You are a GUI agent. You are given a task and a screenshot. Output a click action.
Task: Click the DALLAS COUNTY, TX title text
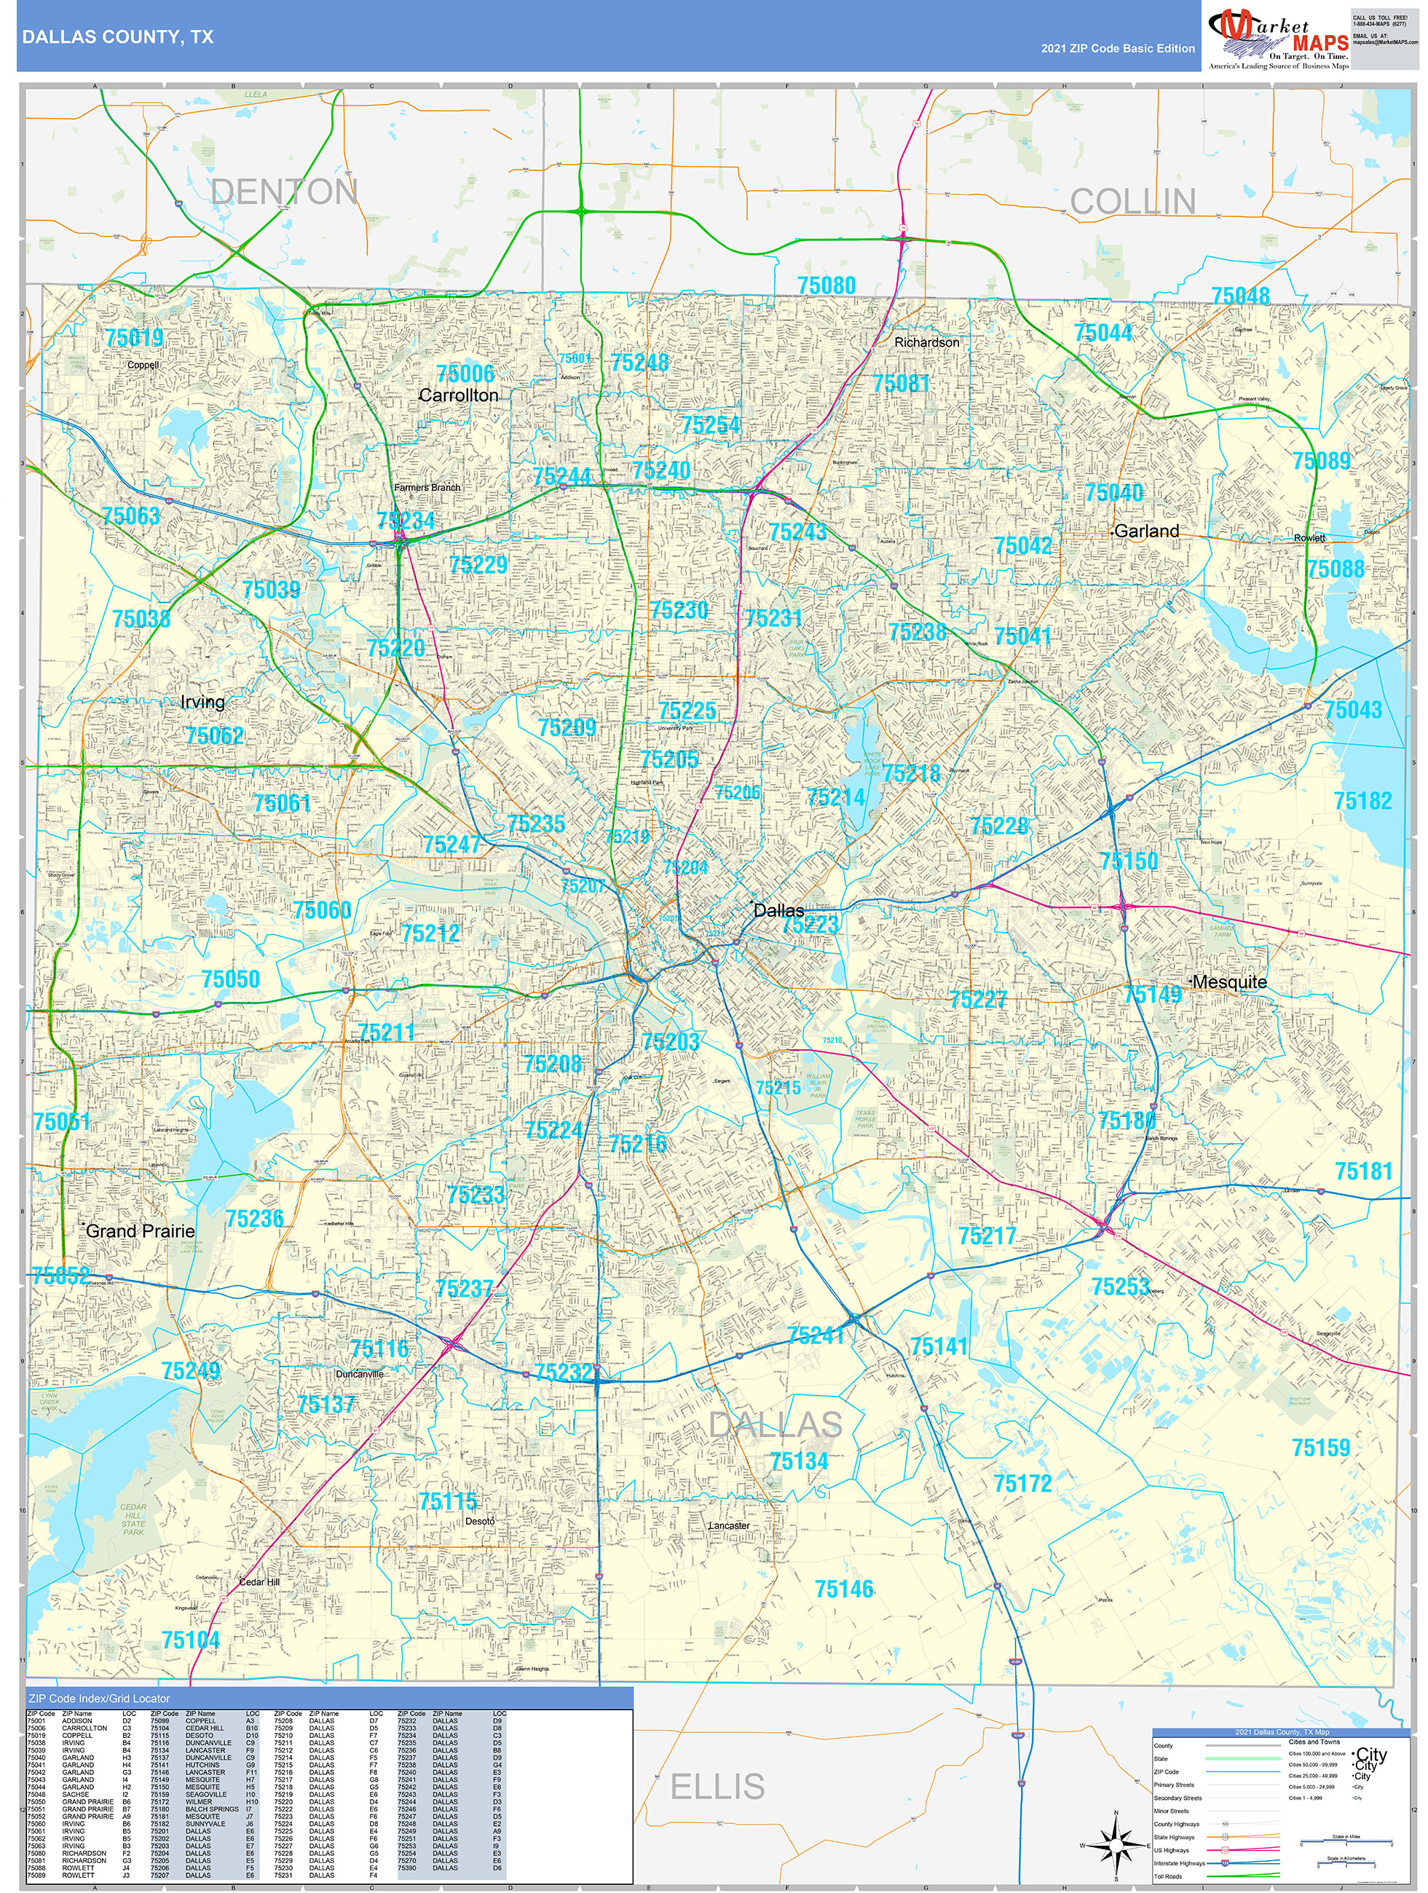[117, 37]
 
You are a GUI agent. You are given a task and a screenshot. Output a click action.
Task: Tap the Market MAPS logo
[1277, 39]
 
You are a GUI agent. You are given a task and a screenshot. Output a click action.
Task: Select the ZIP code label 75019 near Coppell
[135, 338]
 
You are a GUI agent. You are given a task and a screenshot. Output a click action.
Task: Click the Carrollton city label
[458, 395]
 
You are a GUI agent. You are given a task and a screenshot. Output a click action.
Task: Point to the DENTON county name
[283, 191]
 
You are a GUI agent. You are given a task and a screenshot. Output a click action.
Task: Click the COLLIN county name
[1132, 202]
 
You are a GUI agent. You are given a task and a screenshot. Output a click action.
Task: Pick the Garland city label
[1145, 531]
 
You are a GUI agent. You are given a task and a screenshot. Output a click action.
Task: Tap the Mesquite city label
[1228, 982]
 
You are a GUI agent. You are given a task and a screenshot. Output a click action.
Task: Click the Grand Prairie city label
[140, 1230]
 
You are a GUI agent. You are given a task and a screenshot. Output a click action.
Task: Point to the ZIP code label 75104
[190, 1640]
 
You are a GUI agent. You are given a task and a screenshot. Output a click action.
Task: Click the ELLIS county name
[717, 1787]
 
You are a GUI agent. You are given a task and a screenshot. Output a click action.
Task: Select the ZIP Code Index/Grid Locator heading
[99, 1699]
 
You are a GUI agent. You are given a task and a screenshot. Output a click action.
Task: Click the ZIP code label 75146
[843, 1589]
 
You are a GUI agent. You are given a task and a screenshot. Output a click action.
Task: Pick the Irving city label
[202, 703]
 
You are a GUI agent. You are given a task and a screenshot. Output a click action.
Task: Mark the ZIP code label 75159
[1320, 1448]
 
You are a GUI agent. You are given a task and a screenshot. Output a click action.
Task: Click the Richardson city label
[926, 342]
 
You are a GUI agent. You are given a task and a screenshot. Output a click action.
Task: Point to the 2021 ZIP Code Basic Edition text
[1117, 49]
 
